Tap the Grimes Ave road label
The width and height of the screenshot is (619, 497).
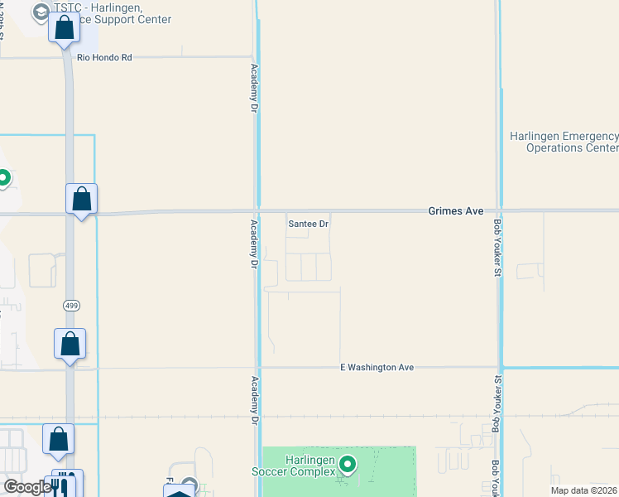point(455,211)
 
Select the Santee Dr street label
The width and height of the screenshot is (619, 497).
point(308,224)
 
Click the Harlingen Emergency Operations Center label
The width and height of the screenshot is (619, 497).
point(564,142)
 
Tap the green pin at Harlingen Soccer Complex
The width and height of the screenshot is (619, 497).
point(348,466)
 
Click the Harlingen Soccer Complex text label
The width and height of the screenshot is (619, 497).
point(298,466)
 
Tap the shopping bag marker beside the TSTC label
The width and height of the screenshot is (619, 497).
point(65,30)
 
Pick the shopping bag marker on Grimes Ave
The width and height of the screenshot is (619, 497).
point(81,200)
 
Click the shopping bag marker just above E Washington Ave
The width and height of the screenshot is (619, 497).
point(70,344)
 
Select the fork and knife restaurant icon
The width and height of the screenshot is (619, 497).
point(66,484)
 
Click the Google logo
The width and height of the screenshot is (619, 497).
point(26,487)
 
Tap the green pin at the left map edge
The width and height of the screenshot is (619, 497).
point(4,177)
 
